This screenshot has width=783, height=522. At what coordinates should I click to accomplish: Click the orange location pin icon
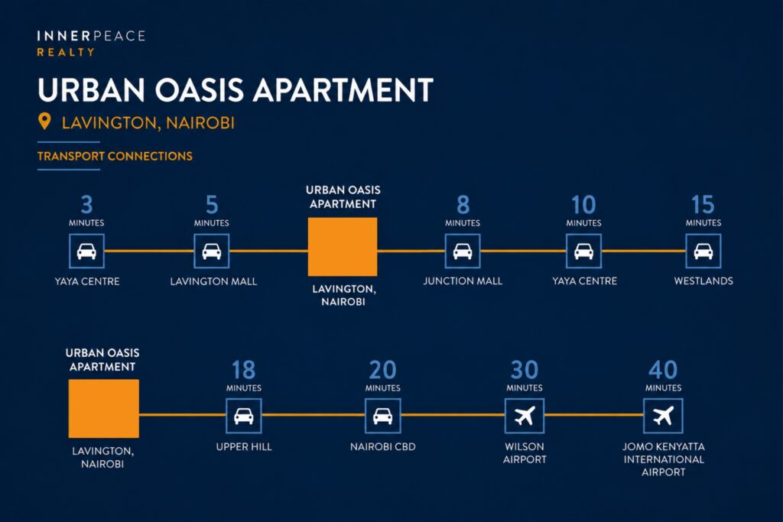[44, 121]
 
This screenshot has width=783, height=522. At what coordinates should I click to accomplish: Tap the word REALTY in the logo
[66, 52]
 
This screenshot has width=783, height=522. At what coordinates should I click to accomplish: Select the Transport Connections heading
[115, 156]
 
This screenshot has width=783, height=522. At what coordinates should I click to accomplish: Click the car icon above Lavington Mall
[212, 251]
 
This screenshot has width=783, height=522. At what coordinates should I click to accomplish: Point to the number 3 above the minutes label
[87, 205]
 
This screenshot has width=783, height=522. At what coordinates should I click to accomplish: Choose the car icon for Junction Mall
[463, 251]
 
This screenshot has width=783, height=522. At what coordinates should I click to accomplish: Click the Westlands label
[703, 281]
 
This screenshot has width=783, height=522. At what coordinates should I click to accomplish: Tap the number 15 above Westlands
[703, 205]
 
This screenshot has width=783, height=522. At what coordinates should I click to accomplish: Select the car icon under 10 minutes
[583, 251]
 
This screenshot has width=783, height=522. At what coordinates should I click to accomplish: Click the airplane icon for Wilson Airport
[525, 416]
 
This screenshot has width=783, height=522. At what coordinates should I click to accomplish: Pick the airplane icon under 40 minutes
[663, 416]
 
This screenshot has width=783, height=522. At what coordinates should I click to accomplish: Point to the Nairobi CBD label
[383, 446]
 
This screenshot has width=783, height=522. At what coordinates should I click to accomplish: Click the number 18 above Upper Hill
[244, 370]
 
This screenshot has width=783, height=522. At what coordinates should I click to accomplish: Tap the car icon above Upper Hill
[244, 416]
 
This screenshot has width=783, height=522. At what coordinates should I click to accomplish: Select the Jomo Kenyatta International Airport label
[664, 459]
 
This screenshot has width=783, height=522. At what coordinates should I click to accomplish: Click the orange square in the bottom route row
[104, 409]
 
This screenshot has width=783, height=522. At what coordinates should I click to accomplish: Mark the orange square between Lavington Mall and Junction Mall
[343, 247]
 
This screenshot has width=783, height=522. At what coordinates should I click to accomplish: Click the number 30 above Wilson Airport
[525, 370]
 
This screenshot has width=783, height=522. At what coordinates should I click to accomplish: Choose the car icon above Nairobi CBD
[383, 416]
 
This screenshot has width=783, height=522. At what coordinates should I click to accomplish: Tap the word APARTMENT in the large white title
[343, 90]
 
